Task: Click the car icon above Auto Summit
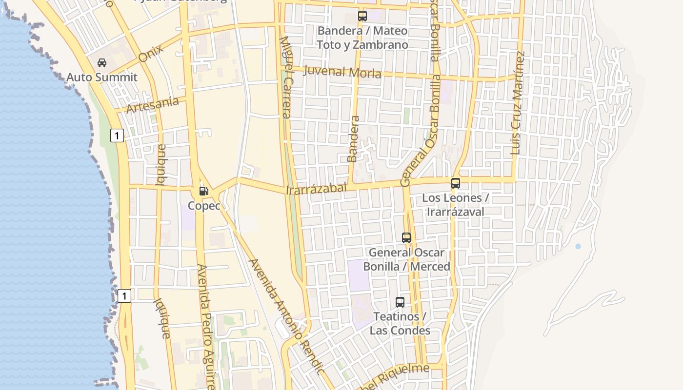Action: coord(102,63)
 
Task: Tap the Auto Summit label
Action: coord(102,77)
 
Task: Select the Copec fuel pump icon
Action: coord(204,191)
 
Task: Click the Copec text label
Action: coord(204,206)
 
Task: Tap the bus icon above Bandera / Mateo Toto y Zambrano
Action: coord(362,16)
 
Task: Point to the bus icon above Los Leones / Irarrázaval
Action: coord(456,183)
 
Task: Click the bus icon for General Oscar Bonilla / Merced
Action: coord(406,238)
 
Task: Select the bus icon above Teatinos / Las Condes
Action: coord(400,302)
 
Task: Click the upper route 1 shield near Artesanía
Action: coord(117,135)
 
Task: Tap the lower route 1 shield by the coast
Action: coord(124,295)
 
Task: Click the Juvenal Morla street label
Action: coord(342,72)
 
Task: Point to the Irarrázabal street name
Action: coord(317,188)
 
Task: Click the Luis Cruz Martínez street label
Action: coord(518,103)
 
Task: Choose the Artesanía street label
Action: coord(153,105)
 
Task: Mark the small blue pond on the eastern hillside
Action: coord(578,247)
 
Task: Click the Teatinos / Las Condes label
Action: coord(400,323)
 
